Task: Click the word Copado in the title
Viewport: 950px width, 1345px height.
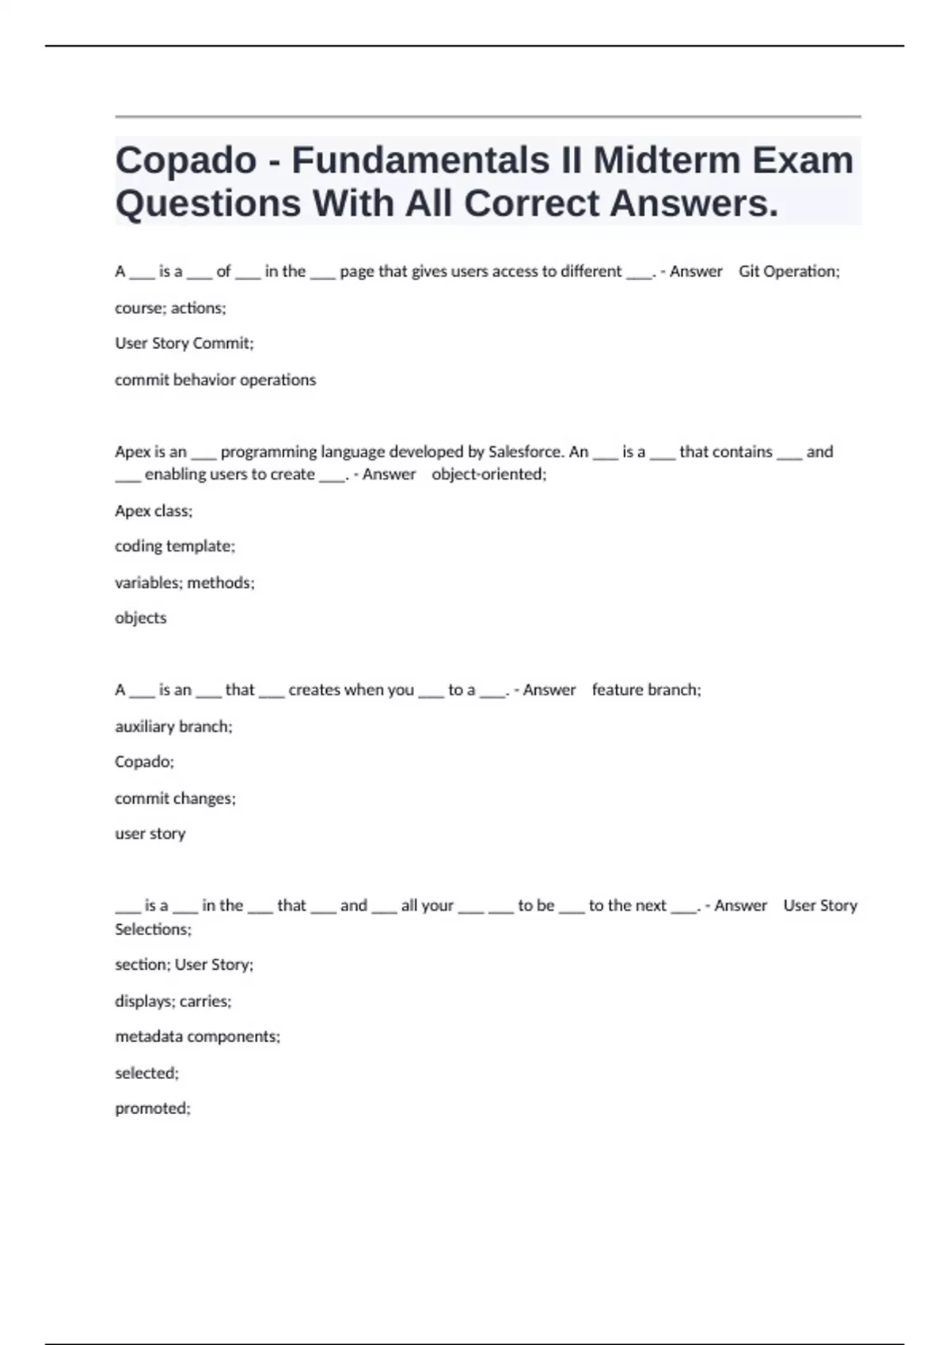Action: [x=186, y=161]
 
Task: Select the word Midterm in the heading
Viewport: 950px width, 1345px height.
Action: [x=667, y=161]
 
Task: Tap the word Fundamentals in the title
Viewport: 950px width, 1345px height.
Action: [x=420, y=161]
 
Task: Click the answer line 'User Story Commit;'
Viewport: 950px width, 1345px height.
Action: [x=184, y=343]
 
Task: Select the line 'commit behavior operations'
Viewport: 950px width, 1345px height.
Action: [x=215, y=380]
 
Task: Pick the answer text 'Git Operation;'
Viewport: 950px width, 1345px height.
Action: [x=788, y=271]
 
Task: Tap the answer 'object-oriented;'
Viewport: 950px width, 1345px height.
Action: [x=488, y=475]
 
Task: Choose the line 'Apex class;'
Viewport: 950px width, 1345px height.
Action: [x=154, y=511]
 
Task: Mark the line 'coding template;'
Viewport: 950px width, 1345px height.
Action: [x=175, y=546]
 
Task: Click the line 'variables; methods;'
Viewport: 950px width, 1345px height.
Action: [x=184, y=583]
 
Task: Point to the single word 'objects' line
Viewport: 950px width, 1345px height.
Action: [x=141, y=618]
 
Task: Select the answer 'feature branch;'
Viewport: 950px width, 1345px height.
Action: [x=646, y=690]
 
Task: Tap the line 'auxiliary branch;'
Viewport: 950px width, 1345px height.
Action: [x=173, y=726]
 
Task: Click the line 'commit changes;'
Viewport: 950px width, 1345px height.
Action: [x=175, y=798]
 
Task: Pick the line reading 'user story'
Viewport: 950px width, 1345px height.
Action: [x=150, y=834]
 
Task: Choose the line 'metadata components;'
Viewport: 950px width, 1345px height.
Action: [x=197, y=1036]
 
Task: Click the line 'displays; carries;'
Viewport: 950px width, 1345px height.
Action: [x=173, y=1001]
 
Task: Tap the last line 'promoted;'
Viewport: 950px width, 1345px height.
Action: [x=153, y=1108]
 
